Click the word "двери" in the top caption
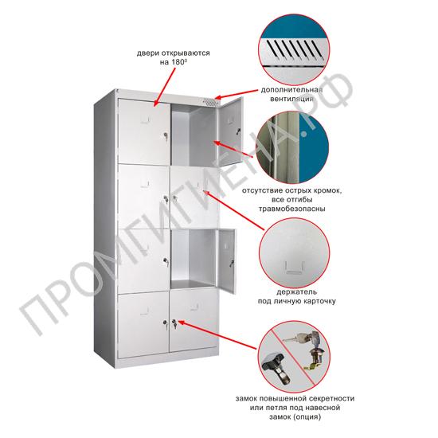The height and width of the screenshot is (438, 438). [x=147, y=53]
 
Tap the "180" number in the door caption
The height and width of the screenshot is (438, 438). [x=178, y=62]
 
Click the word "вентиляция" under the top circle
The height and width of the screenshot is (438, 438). [x=291, y=99]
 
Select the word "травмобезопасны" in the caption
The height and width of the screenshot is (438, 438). [x=292, y=209]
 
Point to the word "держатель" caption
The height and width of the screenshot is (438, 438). [x=297, y=292]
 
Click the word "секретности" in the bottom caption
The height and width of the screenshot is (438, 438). [x=331, y=398]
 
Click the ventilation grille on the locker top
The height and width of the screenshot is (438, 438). [x=210, y=102]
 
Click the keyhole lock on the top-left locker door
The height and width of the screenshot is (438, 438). [x=165, y=136]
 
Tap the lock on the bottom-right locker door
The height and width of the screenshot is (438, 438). [x=174, y=324]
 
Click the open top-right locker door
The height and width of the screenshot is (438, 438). [x=231, y=131]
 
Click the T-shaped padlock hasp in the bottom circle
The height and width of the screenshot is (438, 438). [x=276, y=367]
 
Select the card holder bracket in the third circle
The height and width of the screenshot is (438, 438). [x=295, y=266]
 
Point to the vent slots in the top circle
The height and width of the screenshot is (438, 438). [x=294, y=49]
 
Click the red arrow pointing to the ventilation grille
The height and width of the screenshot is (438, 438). [x=237, y=94]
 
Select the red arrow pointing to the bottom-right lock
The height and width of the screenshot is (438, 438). [x=217, y=334]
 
